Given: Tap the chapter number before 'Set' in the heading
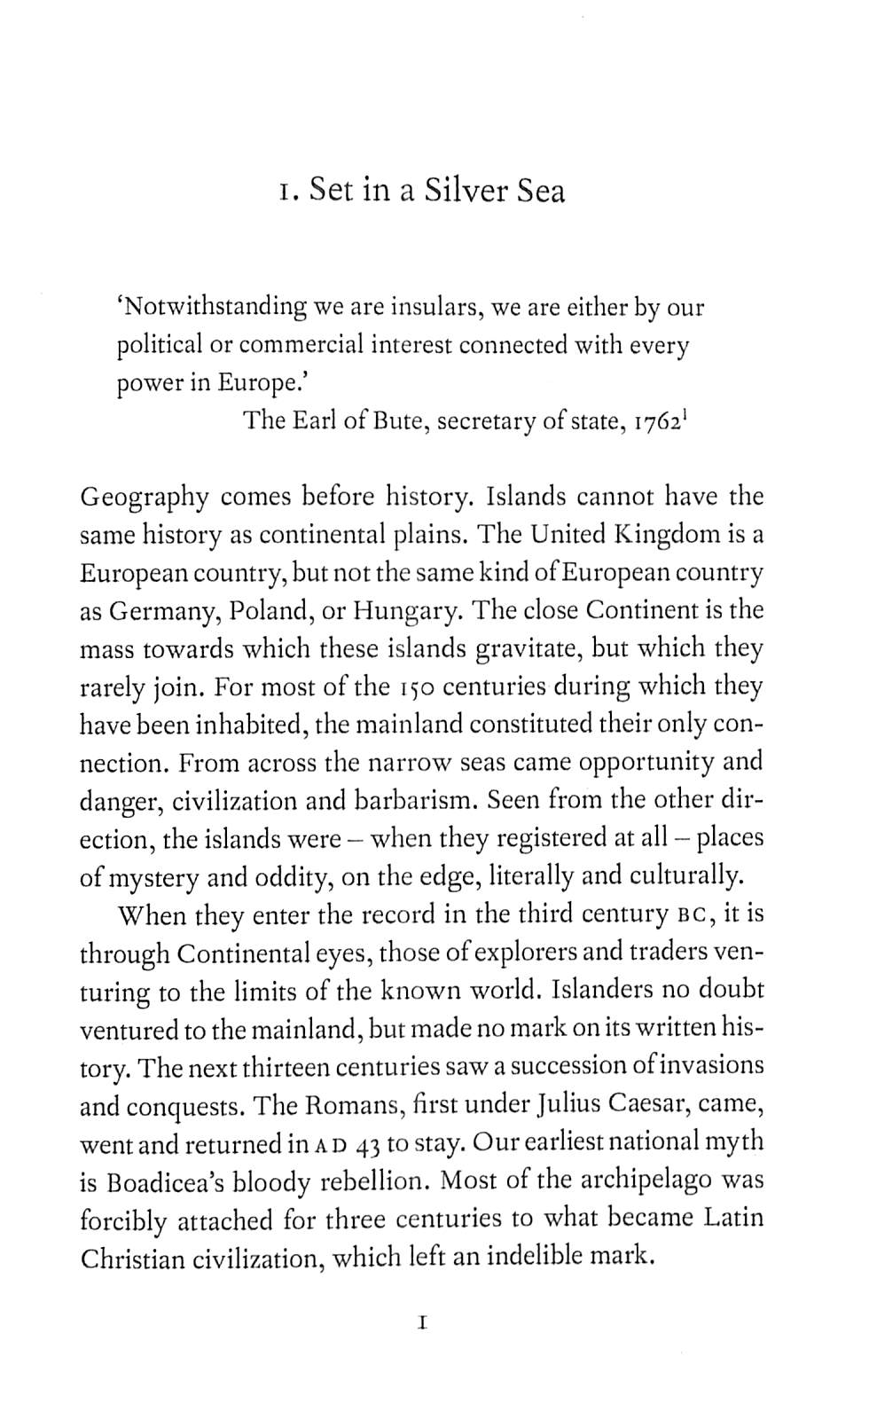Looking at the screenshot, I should pyautogui.click(x=284, y=192).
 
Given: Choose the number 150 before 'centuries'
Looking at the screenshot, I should pyautogui.click(x=414, y=687).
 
